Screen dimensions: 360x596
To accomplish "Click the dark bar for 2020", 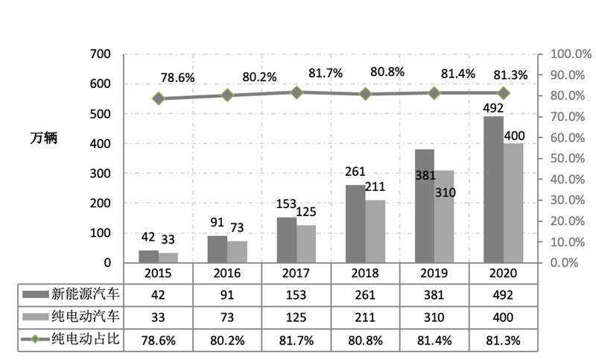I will pos(493,189).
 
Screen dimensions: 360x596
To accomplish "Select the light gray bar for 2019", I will pos(443,216).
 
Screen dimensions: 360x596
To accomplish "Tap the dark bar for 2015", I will pos(148,256).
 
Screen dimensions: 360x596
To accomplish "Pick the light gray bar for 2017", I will pos(305,244).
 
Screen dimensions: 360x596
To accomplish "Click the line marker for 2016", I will pos(227,95).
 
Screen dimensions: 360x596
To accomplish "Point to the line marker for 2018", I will pos(366,94).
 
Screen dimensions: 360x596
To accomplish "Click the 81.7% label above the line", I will pos(326,73).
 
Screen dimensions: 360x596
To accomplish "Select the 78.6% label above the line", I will pos(177,78).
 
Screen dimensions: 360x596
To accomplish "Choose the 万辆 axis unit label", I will pos(44,138).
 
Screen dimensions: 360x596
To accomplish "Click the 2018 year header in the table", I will pos(366,273).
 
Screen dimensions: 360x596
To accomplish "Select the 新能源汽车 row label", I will pos(80,294).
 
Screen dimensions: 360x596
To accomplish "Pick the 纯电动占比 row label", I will pos(80,340).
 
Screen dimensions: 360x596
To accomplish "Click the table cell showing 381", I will pos(434,294).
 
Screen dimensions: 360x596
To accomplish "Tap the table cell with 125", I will pos(297,318).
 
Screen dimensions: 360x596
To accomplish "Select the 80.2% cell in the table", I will pos(227,340).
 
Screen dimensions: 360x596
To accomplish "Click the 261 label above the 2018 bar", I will pos(355,172).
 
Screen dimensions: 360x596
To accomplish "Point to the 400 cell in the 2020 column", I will pos(504,318).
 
